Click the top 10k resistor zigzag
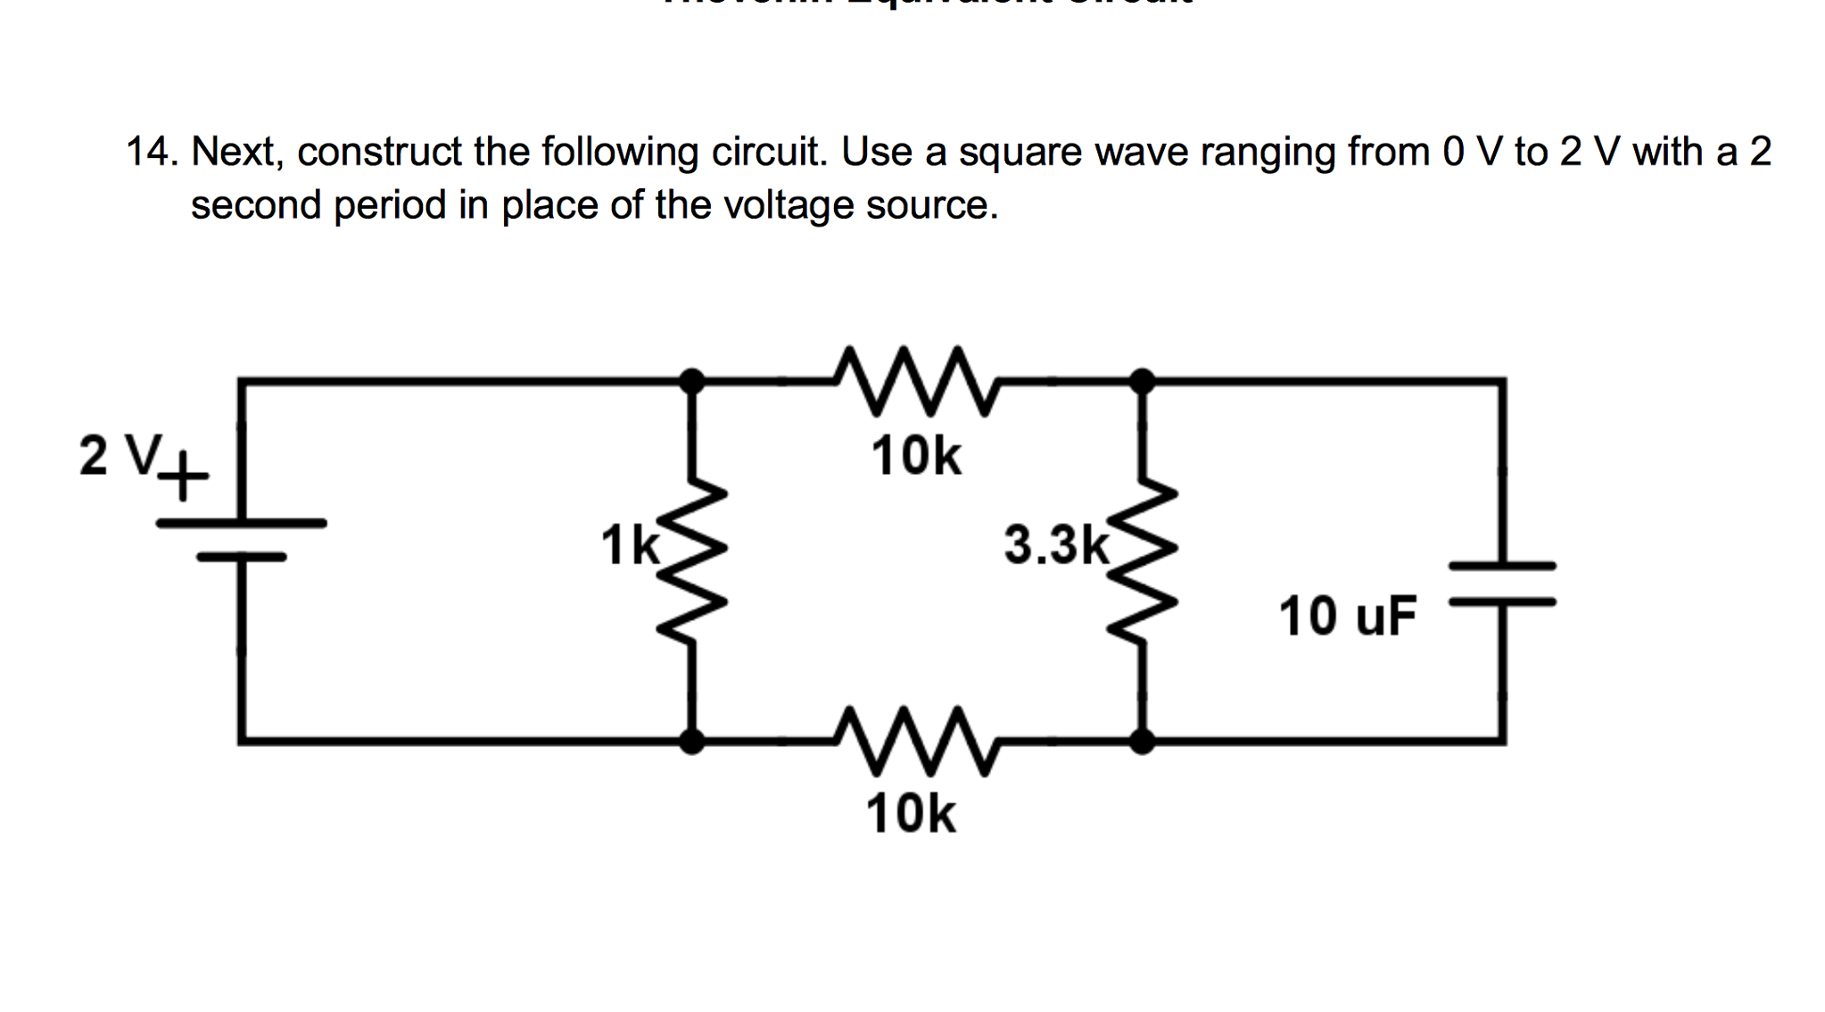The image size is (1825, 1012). pyautogui.click(x=915, y=382)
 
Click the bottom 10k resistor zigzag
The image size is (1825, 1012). pyautogui.click(x=915, y=741)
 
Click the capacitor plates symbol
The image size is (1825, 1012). pyautogui.click(x=1502, y=584)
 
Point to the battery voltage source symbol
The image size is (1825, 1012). pyautogui.click(x=241, y=540)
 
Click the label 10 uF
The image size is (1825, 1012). pyautogui.click(x=1347, y=616)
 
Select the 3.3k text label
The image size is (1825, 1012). pyautogui.click(x=1056, y=544)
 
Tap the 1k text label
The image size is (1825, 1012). pyautogui.click(x=630, y=545)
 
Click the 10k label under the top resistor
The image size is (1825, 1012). pyautogui.click(x=916, y=456)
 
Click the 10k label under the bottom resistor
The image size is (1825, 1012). pyautogui.click(x=911, y=814)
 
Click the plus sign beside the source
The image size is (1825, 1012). pyautogui.click(x=183, y=476)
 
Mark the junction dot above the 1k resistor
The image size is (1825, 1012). pyautogui.click(x=692, y=381)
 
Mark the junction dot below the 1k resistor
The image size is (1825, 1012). pyautogui.click(x=692, y=741)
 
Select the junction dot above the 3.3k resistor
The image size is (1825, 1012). pyautogui.click(x=1143, y=381)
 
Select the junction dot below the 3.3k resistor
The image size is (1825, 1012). pyautogui.click(x=1143, y=741)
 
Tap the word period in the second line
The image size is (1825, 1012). pyautogui.click(x=390, y=206)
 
